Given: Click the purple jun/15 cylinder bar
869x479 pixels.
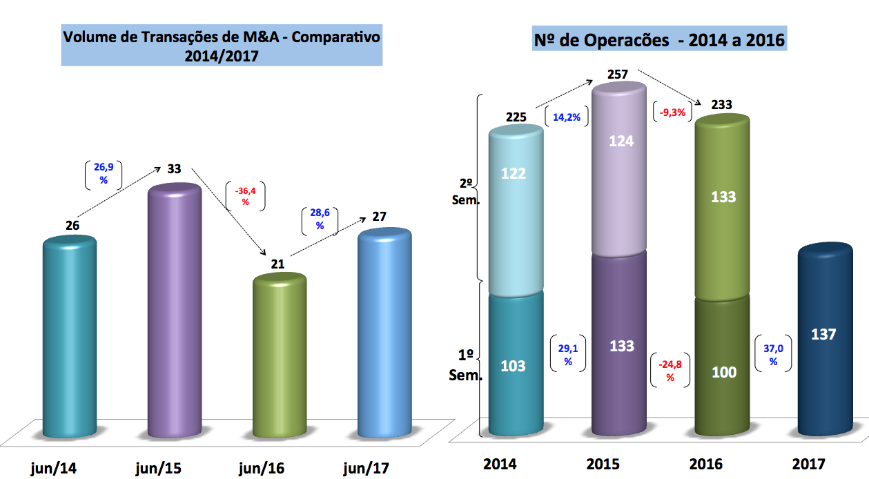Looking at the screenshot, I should (x=175, y=311).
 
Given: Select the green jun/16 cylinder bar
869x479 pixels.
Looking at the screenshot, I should (x=280, y=355).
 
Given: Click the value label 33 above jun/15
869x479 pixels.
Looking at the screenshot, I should (x=174, y=169).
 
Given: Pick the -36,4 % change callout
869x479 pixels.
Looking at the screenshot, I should (x=245, y=197).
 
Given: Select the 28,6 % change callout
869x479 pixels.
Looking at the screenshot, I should (x=320, y=220).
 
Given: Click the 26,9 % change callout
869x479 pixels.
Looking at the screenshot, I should (x=104, y=175).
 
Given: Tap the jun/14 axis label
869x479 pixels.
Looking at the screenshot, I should (x=54, y=469).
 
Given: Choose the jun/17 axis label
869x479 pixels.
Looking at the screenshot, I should (x=366, y=469).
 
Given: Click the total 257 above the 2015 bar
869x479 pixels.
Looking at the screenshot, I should (x=618, y=74).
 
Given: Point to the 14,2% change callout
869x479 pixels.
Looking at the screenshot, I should (x=567, y=117).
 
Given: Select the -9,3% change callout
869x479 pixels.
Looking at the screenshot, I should (x=672, y=113).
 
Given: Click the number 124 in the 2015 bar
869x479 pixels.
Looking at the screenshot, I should (x=621, y=141).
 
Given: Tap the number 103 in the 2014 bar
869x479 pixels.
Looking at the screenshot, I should (x=513, y=365).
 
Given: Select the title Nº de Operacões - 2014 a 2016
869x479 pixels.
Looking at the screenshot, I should (x=660, y=40).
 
